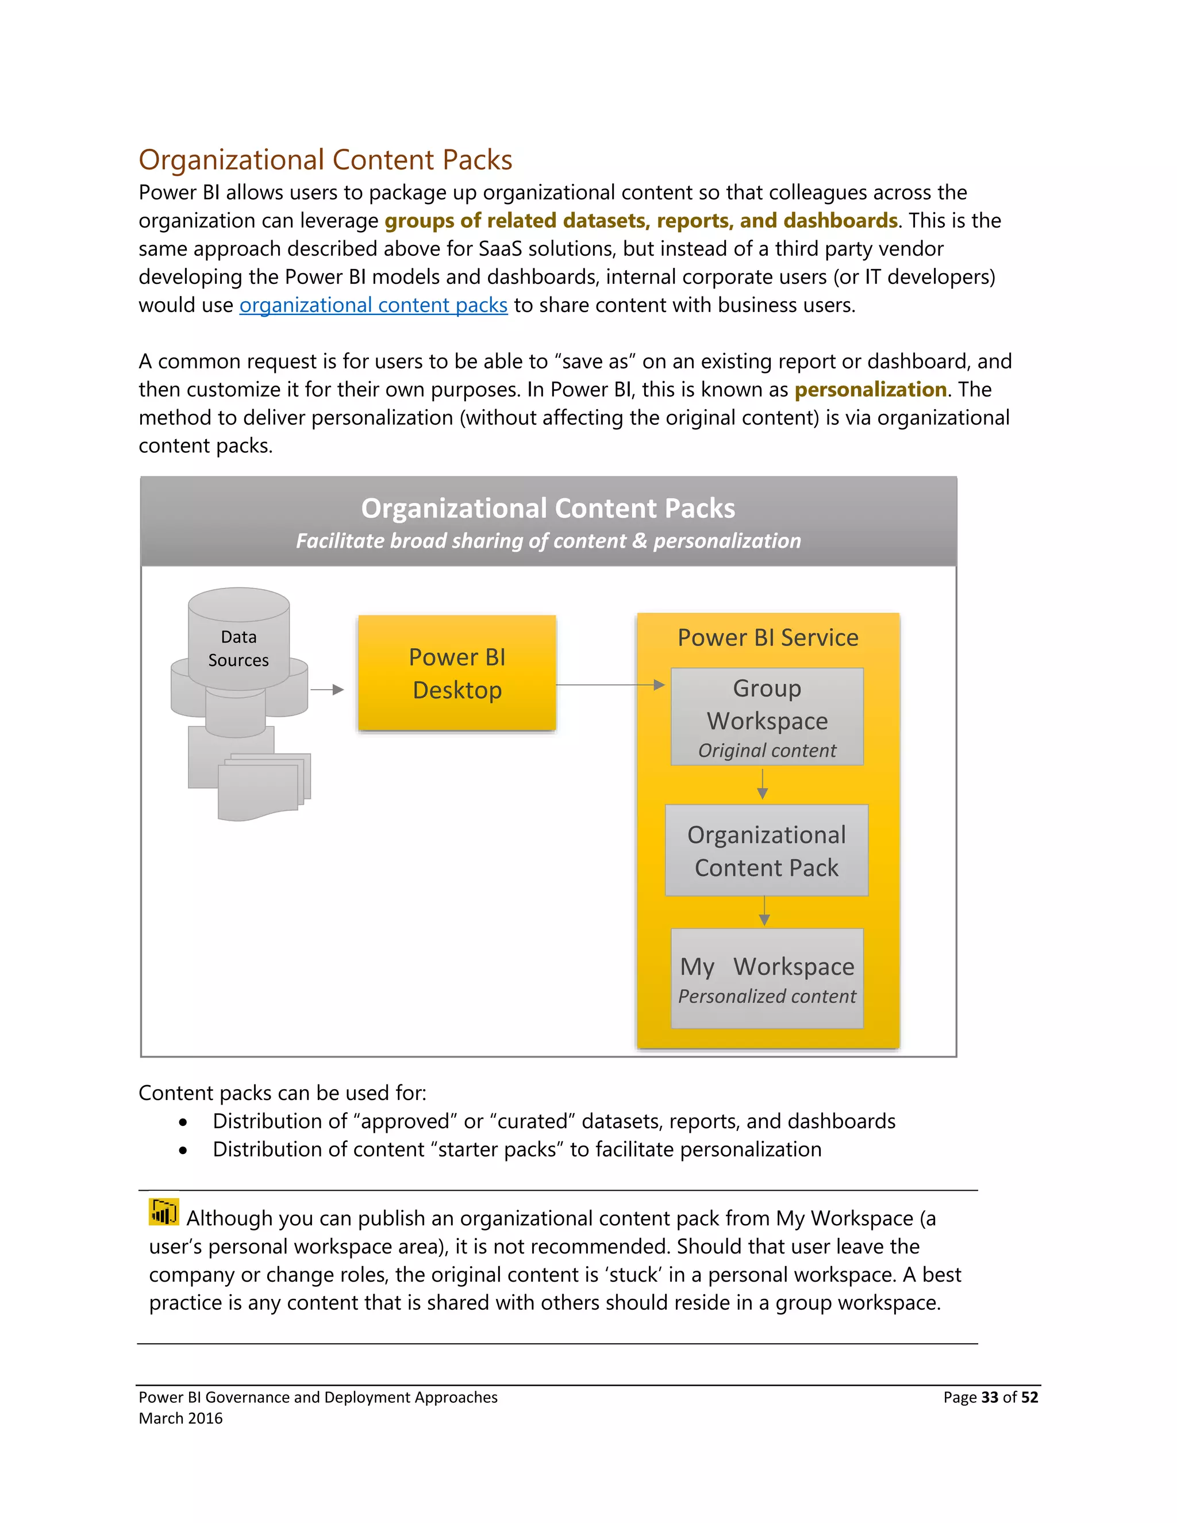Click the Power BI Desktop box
457,673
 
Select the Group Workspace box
767,716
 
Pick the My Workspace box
767,978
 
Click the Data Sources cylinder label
239,648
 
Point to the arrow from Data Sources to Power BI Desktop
327,690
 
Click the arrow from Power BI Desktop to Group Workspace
610,685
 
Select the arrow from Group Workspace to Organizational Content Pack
763,784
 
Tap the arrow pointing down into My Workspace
764,912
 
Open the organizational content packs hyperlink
373,305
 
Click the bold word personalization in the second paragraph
870,389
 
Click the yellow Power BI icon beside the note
164,1212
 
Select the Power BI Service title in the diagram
768,637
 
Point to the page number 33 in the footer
990,1398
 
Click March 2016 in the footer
180,1418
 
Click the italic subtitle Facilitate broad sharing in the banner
548,541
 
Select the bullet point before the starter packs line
183,1151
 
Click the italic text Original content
767,751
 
